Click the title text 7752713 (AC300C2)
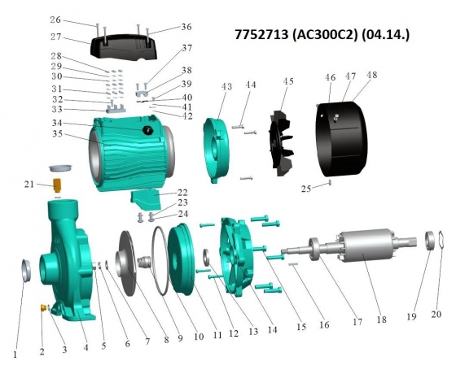[296, 35]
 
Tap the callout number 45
[288, 81]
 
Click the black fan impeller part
[281, 143]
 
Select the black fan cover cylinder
[341, 139]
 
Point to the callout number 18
[381, 320]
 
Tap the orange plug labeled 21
[57, 185]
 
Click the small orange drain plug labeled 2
[42, 307]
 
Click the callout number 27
[55, 37]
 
